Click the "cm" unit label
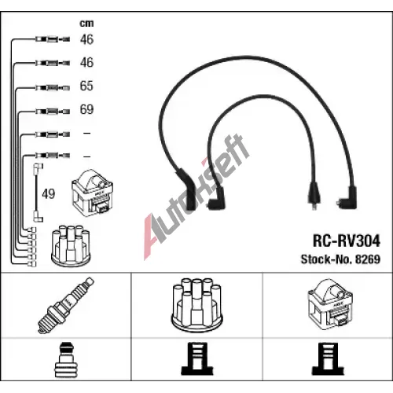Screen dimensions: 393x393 pos(86,24)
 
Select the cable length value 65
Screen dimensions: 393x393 pos(86,86)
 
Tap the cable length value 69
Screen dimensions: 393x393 pos(86,109)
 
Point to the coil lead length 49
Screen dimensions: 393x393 pos(49,194)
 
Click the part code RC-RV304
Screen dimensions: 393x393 pos(347,241)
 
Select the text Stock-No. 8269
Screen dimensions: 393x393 pos(340,259)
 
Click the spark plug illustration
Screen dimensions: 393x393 pos(66,306)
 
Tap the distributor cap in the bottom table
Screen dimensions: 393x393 pos(196,305)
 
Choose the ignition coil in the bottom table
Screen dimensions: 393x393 pos(330,304)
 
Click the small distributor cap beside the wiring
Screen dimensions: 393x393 pos(71,244)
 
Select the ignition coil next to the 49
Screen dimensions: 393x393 pos(93,193)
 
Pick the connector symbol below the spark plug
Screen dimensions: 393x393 pos(65,359)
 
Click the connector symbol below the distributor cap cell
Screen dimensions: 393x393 pos(196,359)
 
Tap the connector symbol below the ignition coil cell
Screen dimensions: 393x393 pos(328,359)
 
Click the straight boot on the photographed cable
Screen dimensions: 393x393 pos(314,195)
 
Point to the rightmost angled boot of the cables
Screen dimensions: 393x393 pos(347,198)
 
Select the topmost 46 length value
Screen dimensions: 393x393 pos(86,39)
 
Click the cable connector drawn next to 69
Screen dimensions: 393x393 pos(53,112)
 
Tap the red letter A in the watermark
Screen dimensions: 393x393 pos(152,236)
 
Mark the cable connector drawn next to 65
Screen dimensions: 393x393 pos(53,87)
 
